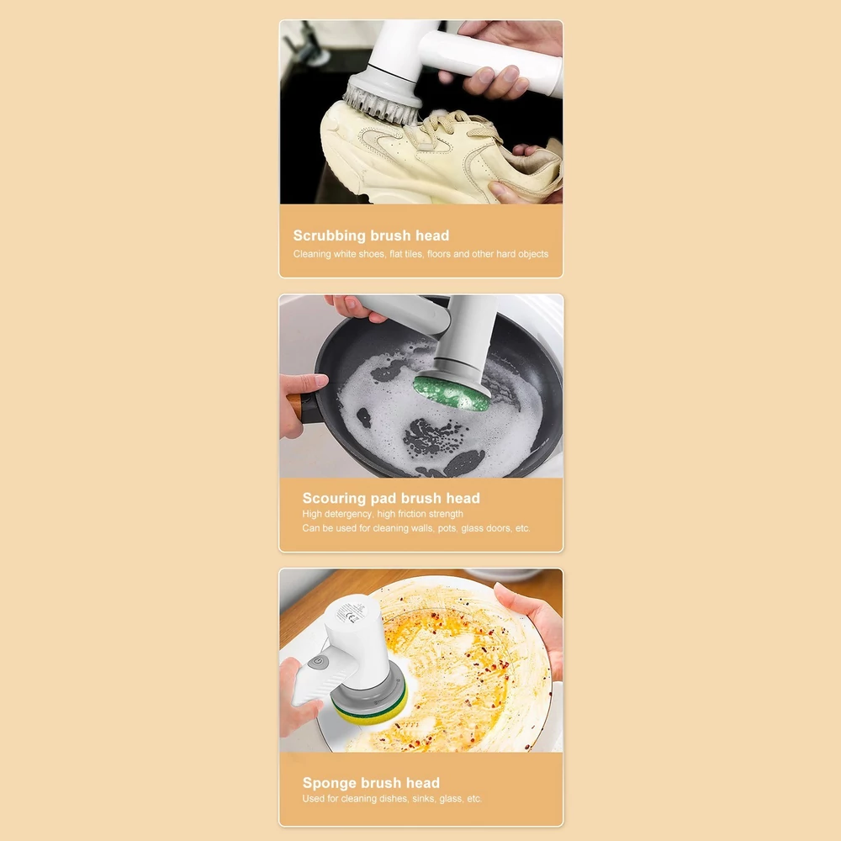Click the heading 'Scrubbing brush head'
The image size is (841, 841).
371,235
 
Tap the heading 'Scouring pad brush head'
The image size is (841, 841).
391,498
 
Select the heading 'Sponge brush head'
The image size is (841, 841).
371,782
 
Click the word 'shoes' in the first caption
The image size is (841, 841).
371,254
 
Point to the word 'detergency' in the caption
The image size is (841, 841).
349,514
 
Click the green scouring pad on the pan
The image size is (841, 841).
451,393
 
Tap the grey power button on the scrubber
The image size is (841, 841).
319,661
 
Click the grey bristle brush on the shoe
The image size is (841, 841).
381,99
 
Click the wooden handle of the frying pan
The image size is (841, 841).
295,406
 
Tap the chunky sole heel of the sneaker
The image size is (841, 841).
343,172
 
